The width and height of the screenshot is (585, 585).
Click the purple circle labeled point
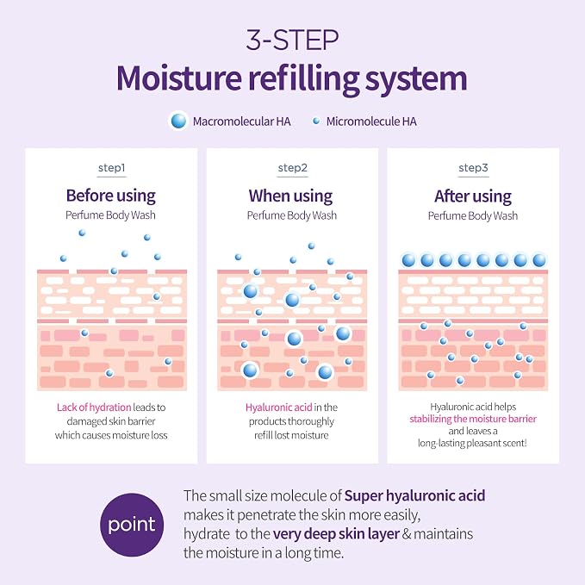pyautogui.click(x=132, y=525)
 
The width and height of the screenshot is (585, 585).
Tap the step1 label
pyautogui.click(x=111, y=168)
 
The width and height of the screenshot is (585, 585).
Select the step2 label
pyautogui.click(x=293, y=168)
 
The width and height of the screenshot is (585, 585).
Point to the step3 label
pyautogui.click(x=473, y=168)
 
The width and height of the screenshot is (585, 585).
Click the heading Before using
pyautogui.click(x=111, y=196)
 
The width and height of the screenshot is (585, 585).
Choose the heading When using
pyautogui.click(x=290, y=196)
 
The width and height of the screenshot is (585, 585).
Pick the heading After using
pyautogui.click(x=473, y=196)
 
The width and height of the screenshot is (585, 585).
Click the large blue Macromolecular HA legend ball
pyautogui.click(x=178, y=121)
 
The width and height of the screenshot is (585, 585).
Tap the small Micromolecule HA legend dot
pyautogui.click(x=316, y=121)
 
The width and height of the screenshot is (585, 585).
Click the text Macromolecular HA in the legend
pyautogui.click(x=241, y=121)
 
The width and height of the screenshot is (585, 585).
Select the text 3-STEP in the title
pyautogui.click(x=293, y=40)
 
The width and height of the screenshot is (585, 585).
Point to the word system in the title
pyautogui.click(x=416, y=78)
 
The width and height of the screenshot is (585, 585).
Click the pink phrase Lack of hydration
pyautogui.click(x=94, y=407)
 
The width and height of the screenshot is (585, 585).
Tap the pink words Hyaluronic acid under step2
pyautogui.click(x=278, y=407)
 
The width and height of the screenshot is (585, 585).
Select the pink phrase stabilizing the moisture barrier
pyautogui.click(x=473, y=419)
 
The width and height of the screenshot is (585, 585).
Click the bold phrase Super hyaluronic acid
pyautogui.click(x=414, y=496)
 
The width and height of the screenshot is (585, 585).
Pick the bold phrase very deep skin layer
pyautogui.click(x=336, y=534)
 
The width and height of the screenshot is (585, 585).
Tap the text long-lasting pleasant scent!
pyautogui.click(x=472, y=443)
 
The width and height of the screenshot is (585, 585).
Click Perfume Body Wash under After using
pyautogui.click(x=473, y=215)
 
